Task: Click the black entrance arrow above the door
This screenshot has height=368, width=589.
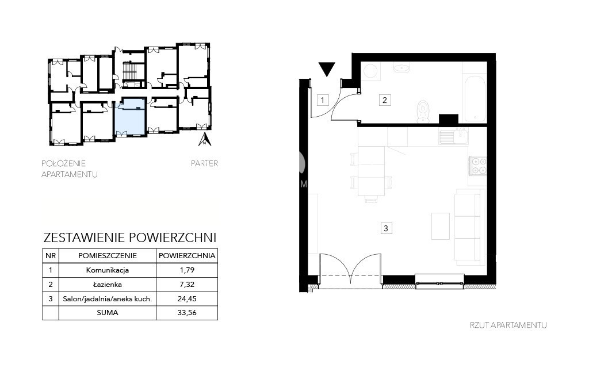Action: point(327,69)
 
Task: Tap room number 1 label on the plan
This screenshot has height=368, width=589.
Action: point(323,100)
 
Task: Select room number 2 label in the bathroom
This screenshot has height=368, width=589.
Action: point(385,100)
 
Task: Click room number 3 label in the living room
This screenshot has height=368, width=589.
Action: point(386,228)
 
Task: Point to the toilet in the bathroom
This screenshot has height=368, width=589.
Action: point(423,111)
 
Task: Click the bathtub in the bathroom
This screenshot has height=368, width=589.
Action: point(475,99)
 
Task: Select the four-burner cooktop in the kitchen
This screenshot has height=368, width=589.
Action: point(478,166)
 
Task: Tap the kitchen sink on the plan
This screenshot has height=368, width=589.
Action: point(453,137)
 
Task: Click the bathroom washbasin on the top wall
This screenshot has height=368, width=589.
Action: point(401,68)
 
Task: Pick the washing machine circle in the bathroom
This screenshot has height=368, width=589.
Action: point(371,71)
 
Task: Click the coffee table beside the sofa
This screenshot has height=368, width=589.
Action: point(441,226)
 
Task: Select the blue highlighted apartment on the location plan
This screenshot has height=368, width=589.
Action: point(129,117)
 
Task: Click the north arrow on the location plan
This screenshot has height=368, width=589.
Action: point(205,139)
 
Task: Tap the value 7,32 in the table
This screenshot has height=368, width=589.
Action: point(187,284)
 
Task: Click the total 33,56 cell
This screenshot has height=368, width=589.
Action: point(187,312)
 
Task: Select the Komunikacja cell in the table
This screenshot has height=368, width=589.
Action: point(108,270)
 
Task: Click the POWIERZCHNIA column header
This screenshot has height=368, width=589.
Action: point(187,256)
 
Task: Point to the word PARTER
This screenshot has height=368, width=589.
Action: point(204,163)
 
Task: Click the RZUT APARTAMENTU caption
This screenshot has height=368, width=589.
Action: point(508,325)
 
